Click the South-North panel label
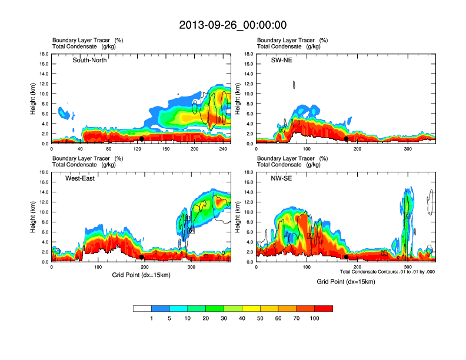[89, 60]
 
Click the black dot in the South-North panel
[142, 139]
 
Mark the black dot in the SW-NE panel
[347, 139]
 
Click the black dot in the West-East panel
[142, 257]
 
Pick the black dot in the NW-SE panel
[347, 257]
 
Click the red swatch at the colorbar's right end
[324, 308]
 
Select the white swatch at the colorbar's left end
[142, 308]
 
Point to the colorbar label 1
[152, 318]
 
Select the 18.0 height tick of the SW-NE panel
[250, 54]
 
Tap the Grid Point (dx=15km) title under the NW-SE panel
[345, 282]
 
